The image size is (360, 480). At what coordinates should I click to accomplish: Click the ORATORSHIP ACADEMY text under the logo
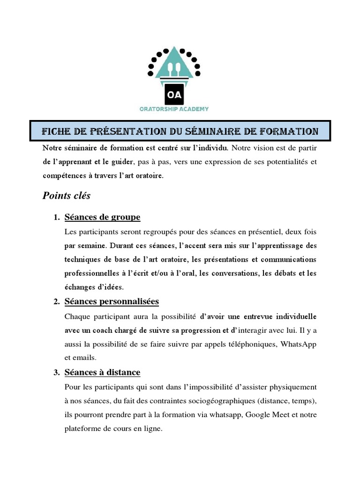pyautogui.click(x=174, y=109)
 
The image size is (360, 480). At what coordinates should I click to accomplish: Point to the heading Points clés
pyautogui.click(x=67, y=195)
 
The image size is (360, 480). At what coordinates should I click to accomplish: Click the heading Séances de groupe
pyautogui.click(x=102, y=217)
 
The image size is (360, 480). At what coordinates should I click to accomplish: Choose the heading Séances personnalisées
pyautogui.click(x=112, y=301)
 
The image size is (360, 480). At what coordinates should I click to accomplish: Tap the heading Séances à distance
pyautogui.click(x=102, y=372)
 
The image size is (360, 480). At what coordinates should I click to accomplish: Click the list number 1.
pyautogui.click(x=56, y=217)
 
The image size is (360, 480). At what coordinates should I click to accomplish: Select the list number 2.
pyautogui.click(x=56, y=301)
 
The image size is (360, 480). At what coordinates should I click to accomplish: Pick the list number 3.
pyautogui.click(x=56, y=373)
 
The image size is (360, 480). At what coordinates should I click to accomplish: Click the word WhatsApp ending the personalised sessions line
pyautogui.click(x=298, y=345)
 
